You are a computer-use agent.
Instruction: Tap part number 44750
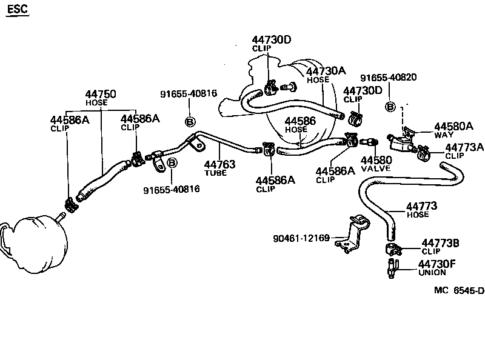101,95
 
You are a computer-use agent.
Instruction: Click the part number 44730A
326,71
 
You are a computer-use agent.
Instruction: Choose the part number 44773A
464,147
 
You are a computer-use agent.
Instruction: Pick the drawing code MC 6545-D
459,290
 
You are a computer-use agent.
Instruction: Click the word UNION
432,273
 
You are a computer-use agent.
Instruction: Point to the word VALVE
376,168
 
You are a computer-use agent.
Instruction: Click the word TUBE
215,173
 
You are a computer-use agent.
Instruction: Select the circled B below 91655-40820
391,107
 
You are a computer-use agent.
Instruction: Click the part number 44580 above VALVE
376,160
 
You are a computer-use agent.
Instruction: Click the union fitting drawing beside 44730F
390,268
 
